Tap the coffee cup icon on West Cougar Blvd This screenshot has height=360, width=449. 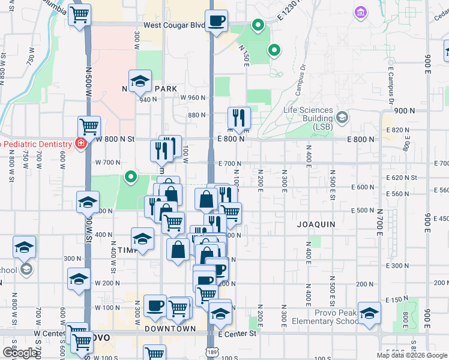point(217,22)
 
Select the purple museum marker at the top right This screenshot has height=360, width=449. point(361,12)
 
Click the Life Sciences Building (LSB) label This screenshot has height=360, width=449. point(308,114)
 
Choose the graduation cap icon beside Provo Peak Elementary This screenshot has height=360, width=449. point(369,313)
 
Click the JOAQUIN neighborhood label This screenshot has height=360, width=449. point(316,224)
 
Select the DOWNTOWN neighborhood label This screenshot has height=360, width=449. point(170,329)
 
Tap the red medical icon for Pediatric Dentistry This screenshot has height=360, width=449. point(79,143)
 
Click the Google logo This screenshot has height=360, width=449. point(20,353)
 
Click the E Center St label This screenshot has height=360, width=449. point(238,333)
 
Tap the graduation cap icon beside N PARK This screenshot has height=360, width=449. point(140,81)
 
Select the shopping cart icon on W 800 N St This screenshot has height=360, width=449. point(89,127)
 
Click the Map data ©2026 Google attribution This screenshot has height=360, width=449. point(412,355)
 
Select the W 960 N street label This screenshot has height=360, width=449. point(193,98)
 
